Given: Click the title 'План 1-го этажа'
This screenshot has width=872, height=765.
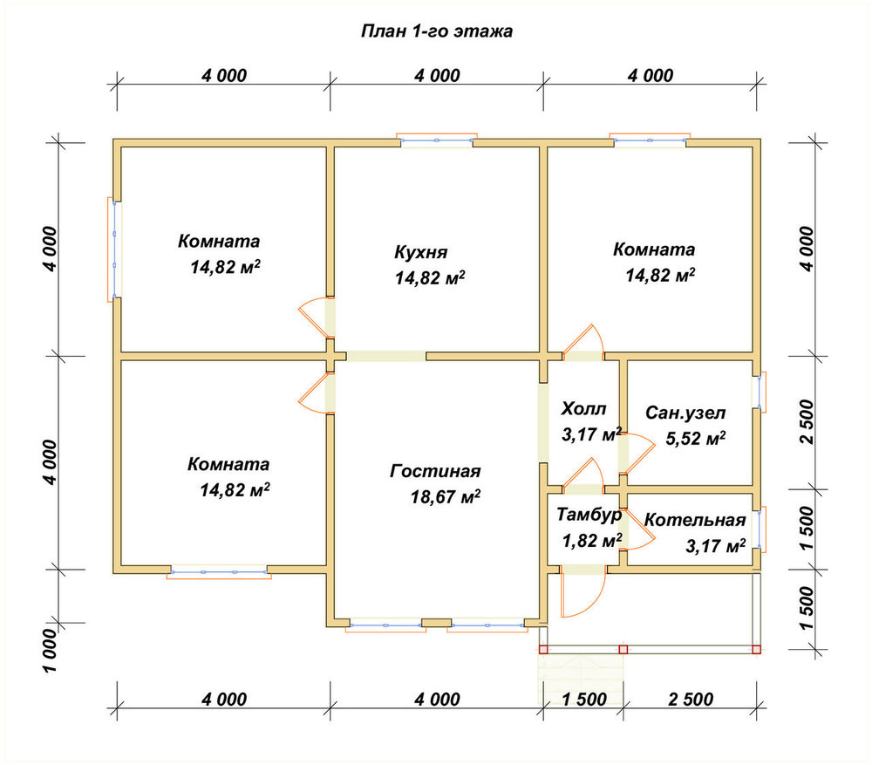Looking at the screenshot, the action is (437, 31).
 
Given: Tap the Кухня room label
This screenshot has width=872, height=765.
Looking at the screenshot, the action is (421, 252).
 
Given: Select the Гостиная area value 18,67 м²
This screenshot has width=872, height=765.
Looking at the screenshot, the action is (446, 496).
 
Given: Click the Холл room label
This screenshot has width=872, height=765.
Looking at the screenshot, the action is (583, 409).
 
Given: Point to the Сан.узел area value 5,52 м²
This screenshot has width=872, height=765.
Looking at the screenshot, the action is (696, 439).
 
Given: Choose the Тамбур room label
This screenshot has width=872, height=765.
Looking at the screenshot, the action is (589, 516).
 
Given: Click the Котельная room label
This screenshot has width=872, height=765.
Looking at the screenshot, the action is (695, 520).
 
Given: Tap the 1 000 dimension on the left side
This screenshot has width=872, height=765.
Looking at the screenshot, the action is (50, 651).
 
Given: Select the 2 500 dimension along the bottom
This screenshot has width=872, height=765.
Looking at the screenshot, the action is (691, 700).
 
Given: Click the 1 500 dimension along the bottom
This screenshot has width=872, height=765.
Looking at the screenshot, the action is (584, 700).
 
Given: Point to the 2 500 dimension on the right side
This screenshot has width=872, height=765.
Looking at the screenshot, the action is (807, 421).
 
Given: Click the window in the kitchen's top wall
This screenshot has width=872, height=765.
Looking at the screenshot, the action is (437, 140).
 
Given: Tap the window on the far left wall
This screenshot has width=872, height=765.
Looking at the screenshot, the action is (114, 249).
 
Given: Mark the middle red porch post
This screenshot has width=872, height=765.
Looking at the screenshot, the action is (623, 649).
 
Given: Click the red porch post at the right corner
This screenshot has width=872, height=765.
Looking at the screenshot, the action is (756, 649).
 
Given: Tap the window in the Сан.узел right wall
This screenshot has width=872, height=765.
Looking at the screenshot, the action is (760, 393).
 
